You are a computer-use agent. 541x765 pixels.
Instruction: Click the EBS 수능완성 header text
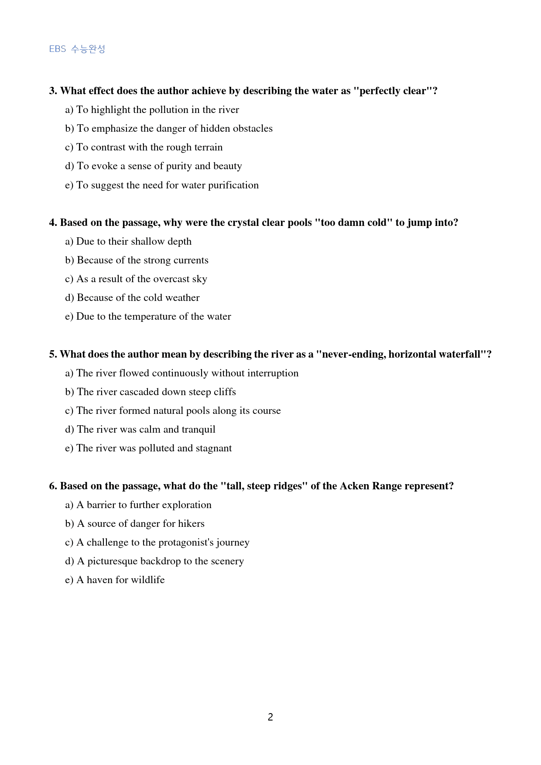(x=77, y=49)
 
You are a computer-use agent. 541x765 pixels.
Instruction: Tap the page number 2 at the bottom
(x=270, y=717)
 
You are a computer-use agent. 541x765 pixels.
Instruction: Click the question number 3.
(x=53, y=91)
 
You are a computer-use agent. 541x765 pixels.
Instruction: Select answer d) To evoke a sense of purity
(x=154, y=166)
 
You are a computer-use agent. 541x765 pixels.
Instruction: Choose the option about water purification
(x=162, y=185)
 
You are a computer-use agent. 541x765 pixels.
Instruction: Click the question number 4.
(x=53, y=222)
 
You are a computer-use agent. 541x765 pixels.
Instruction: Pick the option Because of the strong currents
(x=137, y=260)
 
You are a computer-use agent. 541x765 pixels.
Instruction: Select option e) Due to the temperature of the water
(x=148, y=317)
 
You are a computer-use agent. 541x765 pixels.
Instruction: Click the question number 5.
(x=53, y=354)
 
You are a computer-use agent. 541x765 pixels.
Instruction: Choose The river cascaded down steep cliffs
(x=151, y=392)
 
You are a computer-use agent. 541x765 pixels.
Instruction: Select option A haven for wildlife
(x=115, y=580)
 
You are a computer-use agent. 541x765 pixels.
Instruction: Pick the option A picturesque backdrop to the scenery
(x=154, y=561)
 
